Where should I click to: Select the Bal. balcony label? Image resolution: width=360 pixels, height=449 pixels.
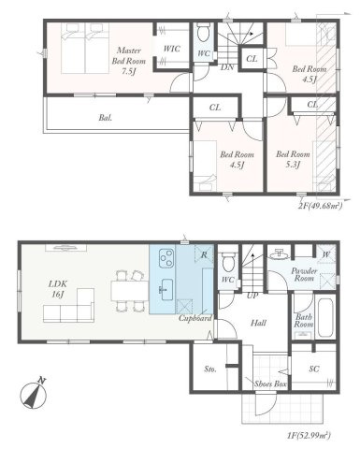108,119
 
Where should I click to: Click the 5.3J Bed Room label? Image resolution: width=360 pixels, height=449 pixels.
293,160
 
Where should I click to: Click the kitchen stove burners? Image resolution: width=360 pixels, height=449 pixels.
166,257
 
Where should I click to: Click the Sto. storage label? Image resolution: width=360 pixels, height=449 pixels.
210,369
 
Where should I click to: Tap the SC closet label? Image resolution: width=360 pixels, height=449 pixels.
313,369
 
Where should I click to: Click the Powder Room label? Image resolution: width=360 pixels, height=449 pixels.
278,272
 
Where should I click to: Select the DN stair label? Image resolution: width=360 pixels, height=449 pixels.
225,67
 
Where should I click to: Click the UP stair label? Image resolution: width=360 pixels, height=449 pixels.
252,295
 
